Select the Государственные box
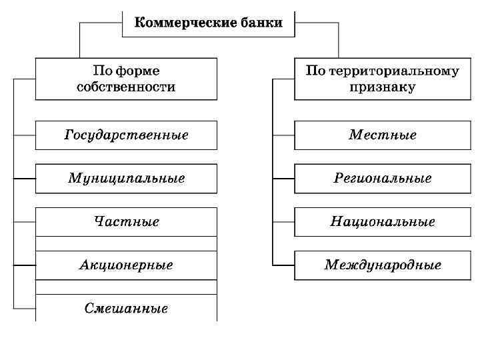coord(126,135)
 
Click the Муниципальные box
coord(126,179)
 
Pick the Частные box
coord(126,222)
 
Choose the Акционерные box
coord(126,265)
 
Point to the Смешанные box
coord(126,309)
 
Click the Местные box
coord(383,135)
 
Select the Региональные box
coord(383,179)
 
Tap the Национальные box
coord(383,222)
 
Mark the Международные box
coord(383,265)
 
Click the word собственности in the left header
coord(126,87)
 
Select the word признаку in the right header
coord(383,87)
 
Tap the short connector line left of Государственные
coord(25,135)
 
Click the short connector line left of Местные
coord(283,135)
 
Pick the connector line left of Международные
coord(283,265)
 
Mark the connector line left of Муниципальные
coord(25,179)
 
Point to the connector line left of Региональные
coord(283,179)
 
